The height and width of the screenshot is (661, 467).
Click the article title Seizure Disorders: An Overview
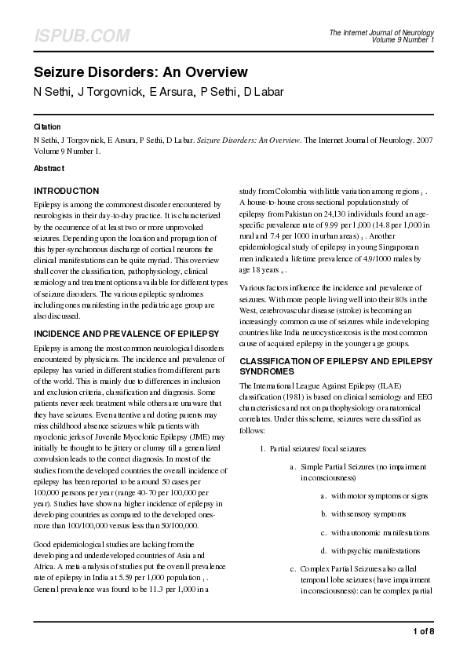click(140, 72)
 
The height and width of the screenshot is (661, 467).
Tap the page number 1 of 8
click(423, 631)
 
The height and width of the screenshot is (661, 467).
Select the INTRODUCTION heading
click(67, 191)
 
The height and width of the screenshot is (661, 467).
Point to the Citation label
click(47, 126)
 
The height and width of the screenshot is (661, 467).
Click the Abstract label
click(49, 168)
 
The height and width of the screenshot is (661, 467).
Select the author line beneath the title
click(159, 93)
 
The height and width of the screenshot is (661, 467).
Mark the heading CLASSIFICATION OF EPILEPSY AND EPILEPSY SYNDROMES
click(334, 365)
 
